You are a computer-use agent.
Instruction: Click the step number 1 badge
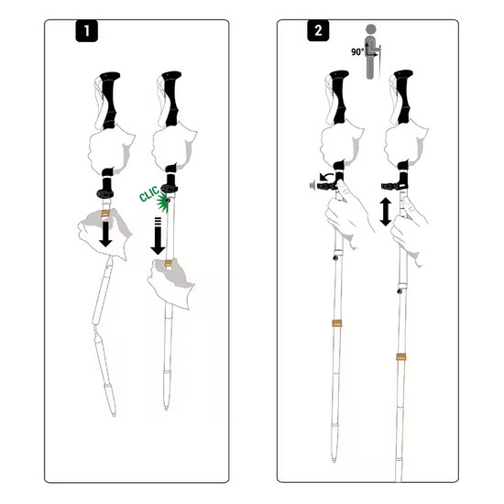pyautogui.click(x=86, y=31)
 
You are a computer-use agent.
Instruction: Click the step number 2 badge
pyautogui.click(x=318, y=30)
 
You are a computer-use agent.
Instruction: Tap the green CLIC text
pyautogui.click(x=149, y=194)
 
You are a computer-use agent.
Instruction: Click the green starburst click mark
pyautogui.click(x=163, y=203)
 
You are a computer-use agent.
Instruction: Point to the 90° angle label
pyautogui.click(x=357, y=51)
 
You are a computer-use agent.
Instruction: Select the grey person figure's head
pyautogui.click(x=371, y=29)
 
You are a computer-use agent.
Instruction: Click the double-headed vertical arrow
pyautogui.click(x=386, y=212)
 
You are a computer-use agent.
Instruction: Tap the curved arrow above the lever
pyautogui.click(x=326, y=177)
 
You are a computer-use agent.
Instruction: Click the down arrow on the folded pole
pyautogui.click(x=105, y=234)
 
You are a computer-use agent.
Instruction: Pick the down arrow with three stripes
pyautogui.click(x=158, y=236)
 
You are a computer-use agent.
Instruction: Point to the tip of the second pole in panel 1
pyautogui.click(x=166, y=409)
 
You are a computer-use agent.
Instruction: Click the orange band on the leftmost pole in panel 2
pyautogui.click(x=336, y=323)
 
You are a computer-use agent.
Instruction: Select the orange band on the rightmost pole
pyautogui.click(x=400, y=356)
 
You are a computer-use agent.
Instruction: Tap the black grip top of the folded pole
pyautogui.click(x=110, y=76)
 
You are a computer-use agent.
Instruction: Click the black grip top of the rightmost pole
pyautogui.click(x=403, y=73)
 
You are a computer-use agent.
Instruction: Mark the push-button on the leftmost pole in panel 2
pyautogui.click(x=335, y=257)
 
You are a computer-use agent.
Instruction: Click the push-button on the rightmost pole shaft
pyautogui.click(x=400, y=291)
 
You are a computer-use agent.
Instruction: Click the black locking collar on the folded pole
pyautogui.click(x=105, y=194)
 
